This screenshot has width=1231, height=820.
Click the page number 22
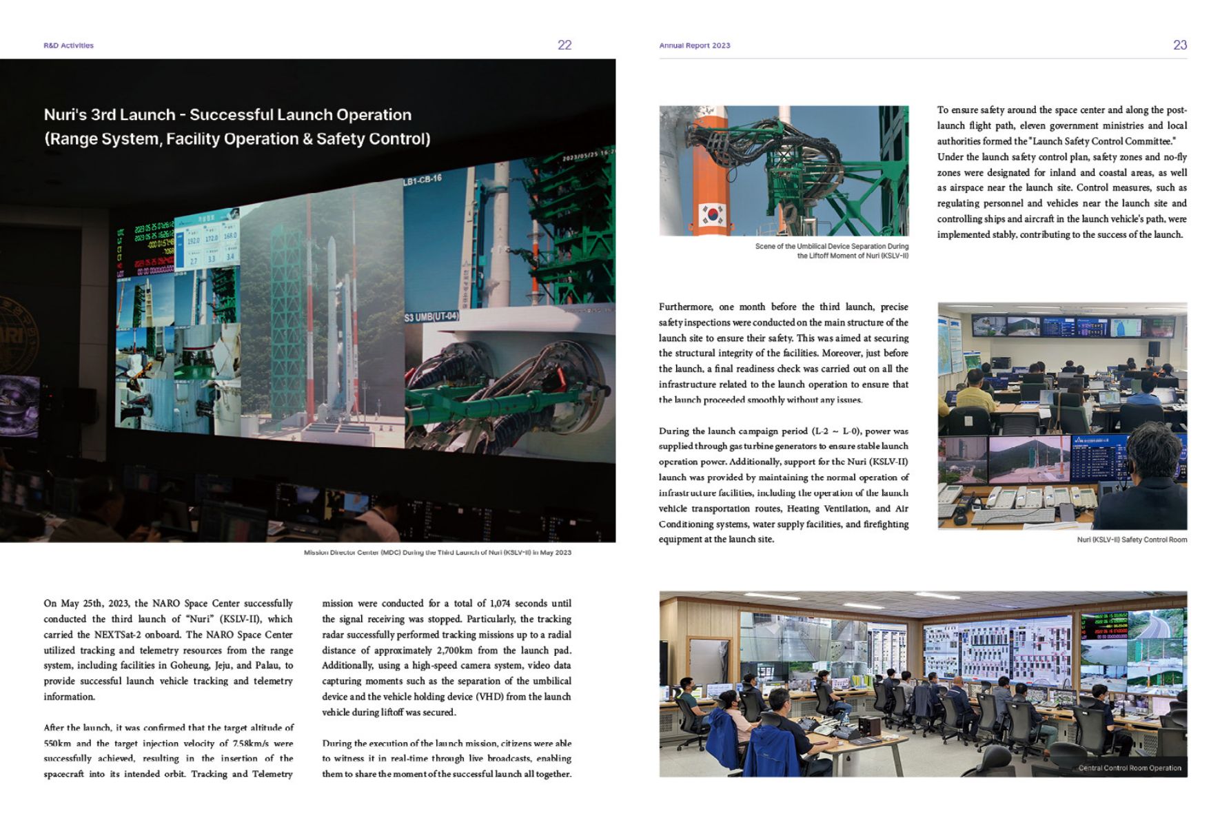tap(564, 45)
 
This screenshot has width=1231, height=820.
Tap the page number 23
tap(1179, 45)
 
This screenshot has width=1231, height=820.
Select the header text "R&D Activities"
tap(68, 45)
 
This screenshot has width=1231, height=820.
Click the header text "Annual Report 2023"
tap(694, 45)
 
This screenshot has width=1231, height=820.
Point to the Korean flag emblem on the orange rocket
tap(712, 214)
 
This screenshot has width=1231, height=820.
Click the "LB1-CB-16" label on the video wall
tap(422, 181)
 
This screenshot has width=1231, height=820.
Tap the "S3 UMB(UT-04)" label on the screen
tap(431, 316)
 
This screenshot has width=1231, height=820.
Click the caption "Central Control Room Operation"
tap(1129, 768)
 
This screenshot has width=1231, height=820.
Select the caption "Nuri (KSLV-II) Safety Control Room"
tap(1131, 540)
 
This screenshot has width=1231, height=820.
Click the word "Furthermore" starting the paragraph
tap(686, 307)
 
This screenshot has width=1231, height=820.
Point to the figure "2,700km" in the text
tap(457, 650)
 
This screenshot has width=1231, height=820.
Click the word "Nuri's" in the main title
tap(65, 114)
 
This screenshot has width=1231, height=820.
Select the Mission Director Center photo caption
tap(437, 553)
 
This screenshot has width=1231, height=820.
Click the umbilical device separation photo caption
tap(831, 251)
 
